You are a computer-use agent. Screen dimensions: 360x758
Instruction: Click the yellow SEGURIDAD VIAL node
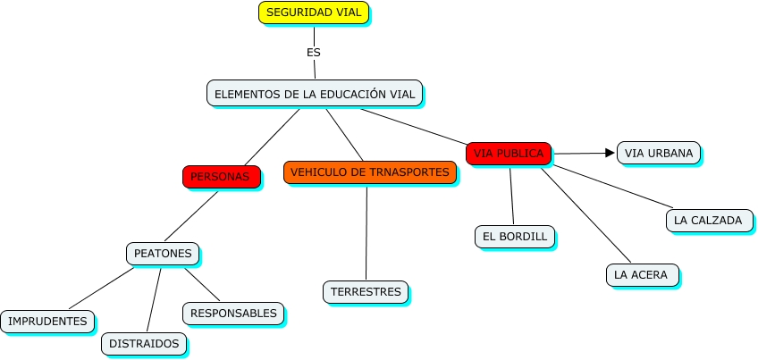tap(313, 13)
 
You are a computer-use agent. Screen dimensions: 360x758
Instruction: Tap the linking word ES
tap(313, 53)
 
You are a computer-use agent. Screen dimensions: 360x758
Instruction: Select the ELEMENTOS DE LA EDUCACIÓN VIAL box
tap(315, 94)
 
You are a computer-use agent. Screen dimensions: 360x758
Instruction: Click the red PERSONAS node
tap(221, 177)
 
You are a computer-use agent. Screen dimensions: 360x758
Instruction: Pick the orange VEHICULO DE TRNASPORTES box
tap(370, 172)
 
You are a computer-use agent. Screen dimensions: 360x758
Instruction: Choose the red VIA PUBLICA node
tap(509, 154)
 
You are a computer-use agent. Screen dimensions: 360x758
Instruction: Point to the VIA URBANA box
tap(658, 153)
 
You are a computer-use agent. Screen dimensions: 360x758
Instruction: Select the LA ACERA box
tap(641, 274)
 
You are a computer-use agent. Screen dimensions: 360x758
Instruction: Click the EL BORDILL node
tap(514, 237)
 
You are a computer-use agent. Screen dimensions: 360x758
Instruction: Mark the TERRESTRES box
tap(366, 292)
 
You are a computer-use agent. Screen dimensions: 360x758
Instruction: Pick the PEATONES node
tap(163, 254)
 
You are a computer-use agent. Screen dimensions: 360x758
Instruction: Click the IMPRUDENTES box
tap(47, 322)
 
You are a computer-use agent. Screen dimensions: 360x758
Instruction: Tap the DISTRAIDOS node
tap(144, 343)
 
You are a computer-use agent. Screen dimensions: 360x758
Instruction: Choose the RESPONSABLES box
tap(234, 314)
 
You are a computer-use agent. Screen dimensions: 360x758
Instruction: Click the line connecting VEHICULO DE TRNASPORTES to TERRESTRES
tap(366, 232)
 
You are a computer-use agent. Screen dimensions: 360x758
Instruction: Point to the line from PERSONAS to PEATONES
tap(191, 215)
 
